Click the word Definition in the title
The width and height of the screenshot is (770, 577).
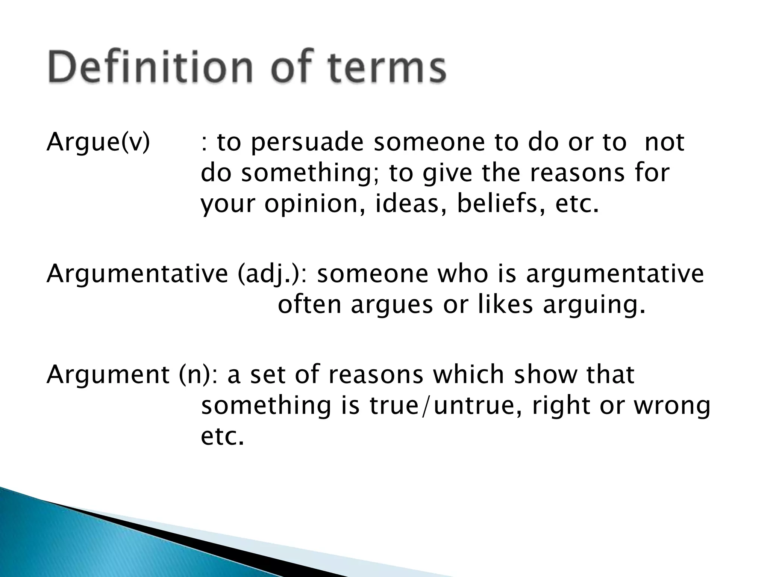tap(150, 68)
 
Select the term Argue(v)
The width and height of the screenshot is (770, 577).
tap(98, 143)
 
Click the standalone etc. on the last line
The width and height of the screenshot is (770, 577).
tap(222, 437)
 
